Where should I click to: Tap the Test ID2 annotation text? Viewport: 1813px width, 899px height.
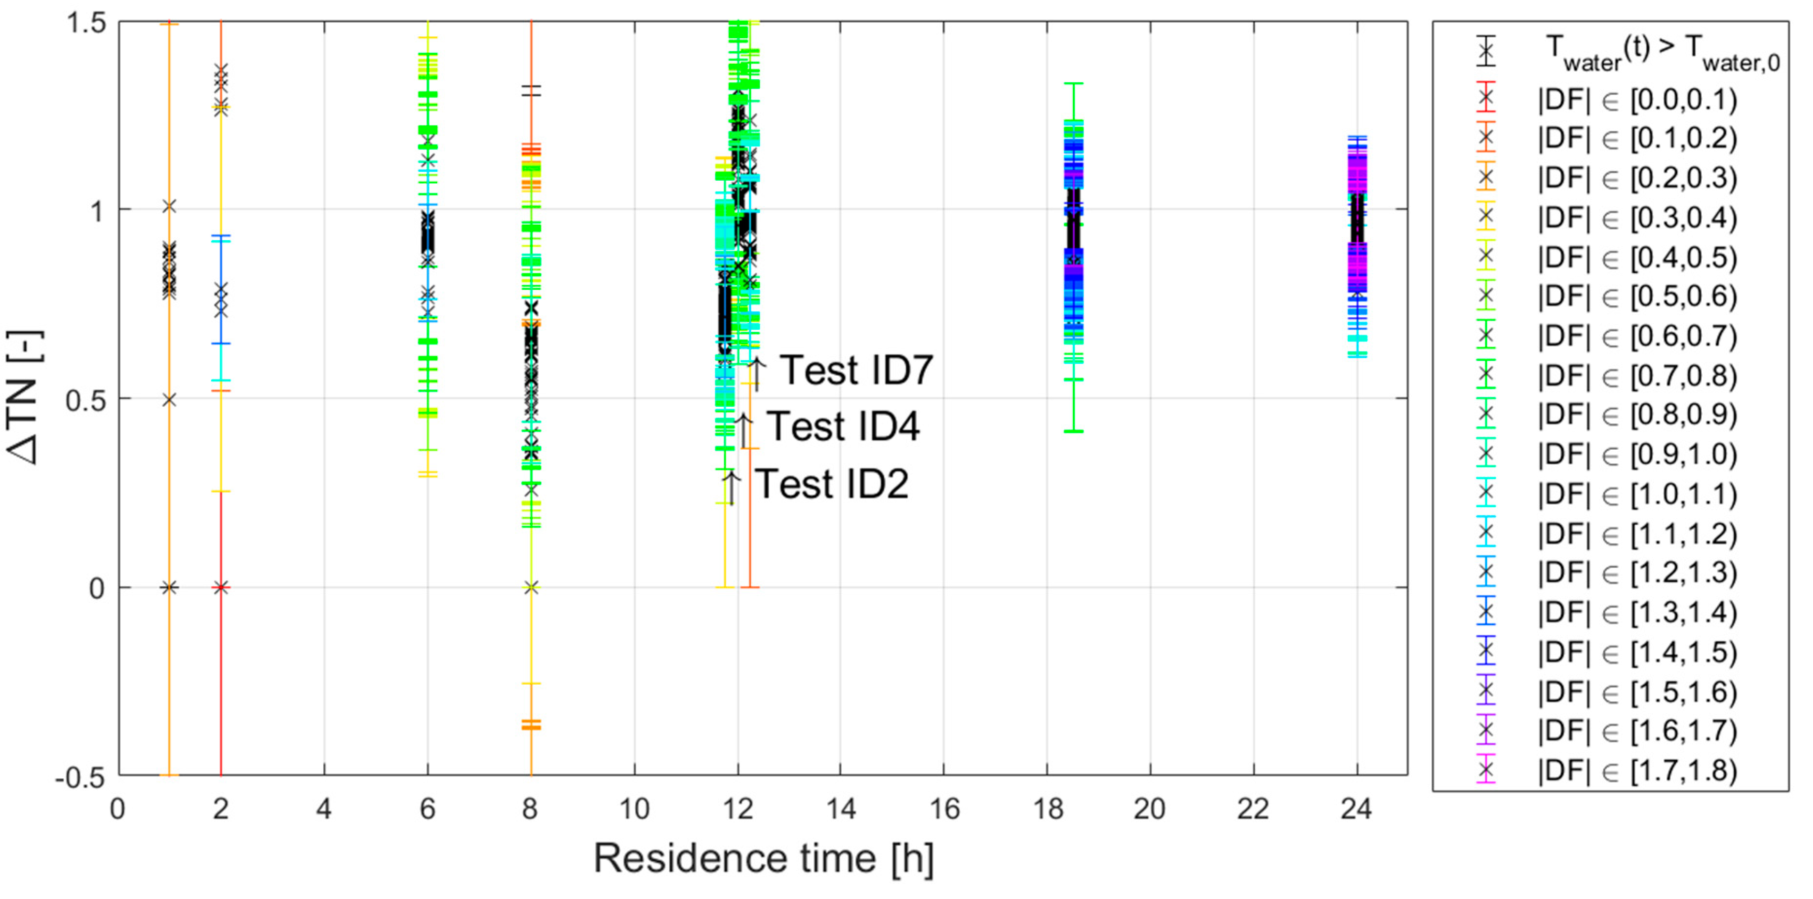click(x=831, y=484)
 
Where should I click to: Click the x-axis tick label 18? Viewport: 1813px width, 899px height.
click(x=1047, y=809)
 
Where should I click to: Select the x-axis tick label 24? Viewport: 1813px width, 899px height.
click(x=1356, y=809)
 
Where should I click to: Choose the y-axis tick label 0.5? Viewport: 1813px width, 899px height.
click(x=86, y=400)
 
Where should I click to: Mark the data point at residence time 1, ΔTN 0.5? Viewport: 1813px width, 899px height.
click(x=169, y=400)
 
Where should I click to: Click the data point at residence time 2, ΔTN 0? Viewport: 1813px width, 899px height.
click(x=221, y=587)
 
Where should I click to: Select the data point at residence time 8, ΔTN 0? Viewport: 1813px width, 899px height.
click(x=531, y=587)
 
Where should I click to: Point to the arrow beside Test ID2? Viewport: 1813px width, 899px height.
click(x=731, y=487)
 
